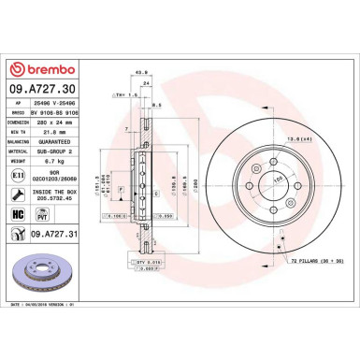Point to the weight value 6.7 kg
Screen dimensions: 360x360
click(x=54, y=159)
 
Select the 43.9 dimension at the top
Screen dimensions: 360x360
click(x=142, y=73)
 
